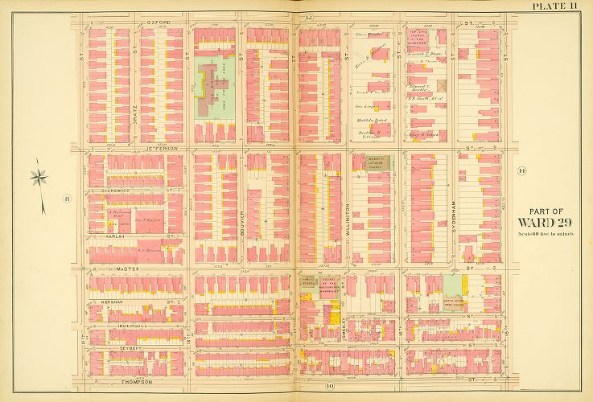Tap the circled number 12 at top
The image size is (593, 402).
[308, 17]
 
